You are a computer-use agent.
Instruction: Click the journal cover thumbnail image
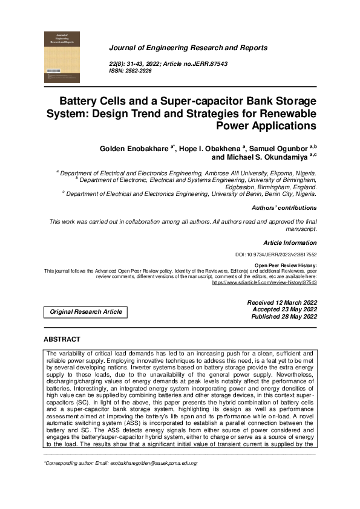tap(63, 57)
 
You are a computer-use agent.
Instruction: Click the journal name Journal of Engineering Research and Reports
tap(188, 48)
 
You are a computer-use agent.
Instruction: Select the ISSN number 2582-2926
tap(139, 71)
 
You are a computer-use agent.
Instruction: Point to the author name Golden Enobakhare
tap(136, 148)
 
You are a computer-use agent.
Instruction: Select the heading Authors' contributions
tap(284, 208)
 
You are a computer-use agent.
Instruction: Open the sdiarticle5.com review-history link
tap(264, 282)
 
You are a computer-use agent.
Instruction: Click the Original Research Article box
tap(86, 312)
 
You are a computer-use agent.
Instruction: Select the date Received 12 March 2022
tap(282, 302)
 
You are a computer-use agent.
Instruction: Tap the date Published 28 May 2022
tap(283, 316)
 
